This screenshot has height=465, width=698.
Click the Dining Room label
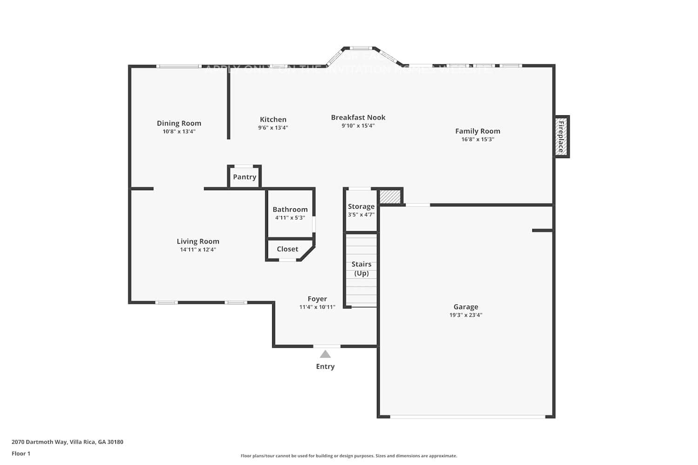pos(179,123)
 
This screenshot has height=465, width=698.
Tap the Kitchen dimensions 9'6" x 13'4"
pos(273,128)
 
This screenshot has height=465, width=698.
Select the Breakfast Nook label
pos(358,118)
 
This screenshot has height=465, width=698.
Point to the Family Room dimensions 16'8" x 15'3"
pos(477,139)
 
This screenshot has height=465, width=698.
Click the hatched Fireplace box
pos(561,137)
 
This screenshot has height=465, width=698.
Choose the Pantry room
pos(244,177)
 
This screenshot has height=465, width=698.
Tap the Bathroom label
pos(290,210)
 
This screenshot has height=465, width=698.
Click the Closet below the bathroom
pos(287,249)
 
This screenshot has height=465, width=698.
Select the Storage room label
pos(361,206)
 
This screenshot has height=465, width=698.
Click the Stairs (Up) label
pos(361,269)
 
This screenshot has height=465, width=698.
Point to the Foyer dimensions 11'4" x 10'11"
pos(317,307)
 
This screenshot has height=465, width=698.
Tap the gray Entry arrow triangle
pos(325,354)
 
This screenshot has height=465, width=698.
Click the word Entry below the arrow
pos(325,366)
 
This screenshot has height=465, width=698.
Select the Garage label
pos(466,307)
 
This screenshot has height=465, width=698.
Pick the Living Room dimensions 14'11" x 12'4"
pos(198,250)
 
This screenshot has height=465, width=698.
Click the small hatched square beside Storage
pos(390,196)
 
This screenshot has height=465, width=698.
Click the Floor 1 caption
pos(21,454)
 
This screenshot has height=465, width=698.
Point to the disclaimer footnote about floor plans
pos(349,456)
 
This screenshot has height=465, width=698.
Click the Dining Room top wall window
pos(179,66)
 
